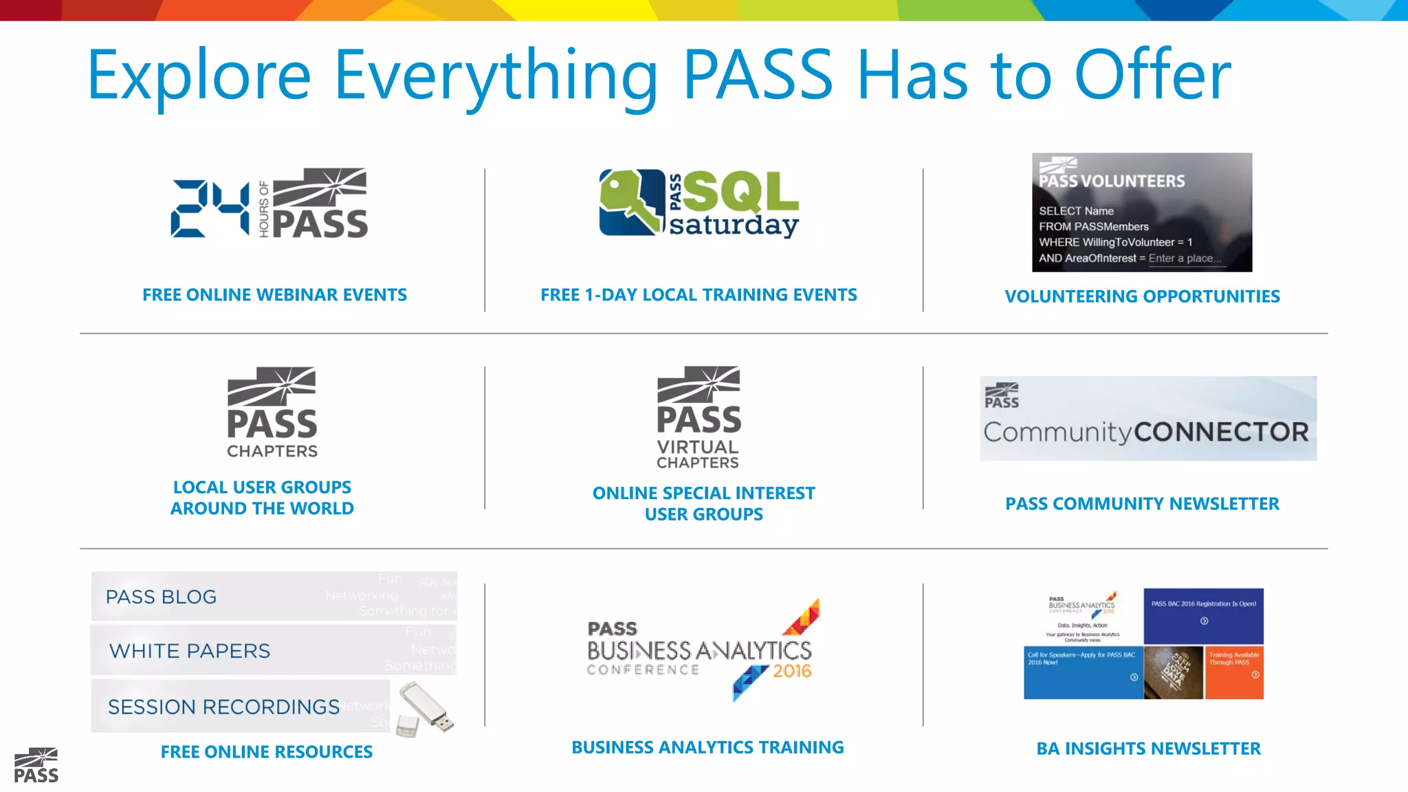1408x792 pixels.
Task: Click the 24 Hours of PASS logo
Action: (x=269, y=203)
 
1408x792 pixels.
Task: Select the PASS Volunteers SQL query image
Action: (x=1141, y=212)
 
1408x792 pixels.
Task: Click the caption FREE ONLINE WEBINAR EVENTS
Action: (x=274, y=295)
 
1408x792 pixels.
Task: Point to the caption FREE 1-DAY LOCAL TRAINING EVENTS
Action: (x=698, y=295)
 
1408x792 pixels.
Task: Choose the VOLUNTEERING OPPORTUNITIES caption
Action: (x=1142, y=296)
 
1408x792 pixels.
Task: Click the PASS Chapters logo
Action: (x=272, y=412)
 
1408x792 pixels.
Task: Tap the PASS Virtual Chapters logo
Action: (x=698, y=417)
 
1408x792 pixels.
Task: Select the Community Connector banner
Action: (x=1147, y=418)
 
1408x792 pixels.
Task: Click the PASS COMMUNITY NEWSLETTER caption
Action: (x=1142, y=504)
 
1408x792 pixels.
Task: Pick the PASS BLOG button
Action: (x=274, y=596)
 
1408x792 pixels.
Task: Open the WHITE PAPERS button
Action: (x=274, y=650)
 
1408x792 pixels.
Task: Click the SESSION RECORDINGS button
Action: (x=241, y=706)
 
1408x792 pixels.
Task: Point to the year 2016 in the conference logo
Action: (x=792, y=671)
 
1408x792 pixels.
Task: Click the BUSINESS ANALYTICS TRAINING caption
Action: (x=707, y=747)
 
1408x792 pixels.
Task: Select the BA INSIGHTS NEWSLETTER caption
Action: (x=1148, y=749)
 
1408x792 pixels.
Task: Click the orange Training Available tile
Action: (x=1234, y=672)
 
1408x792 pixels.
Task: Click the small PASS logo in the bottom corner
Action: (x=36, y=765)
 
